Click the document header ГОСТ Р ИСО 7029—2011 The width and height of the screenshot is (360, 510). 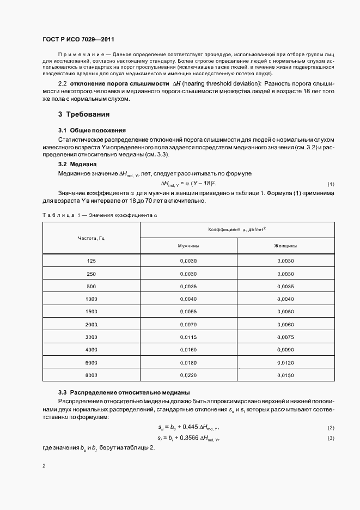[x=78, y=39]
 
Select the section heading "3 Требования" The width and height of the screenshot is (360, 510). [x=84, y=114]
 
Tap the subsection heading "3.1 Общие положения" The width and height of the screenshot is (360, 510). [x=92, y=130]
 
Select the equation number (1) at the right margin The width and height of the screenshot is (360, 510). [x=331, y=184]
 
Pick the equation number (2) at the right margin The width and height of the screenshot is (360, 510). [x=331, y=428]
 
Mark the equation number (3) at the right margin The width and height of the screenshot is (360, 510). [x=331, y=439]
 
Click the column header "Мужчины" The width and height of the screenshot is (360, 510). [x=188, y=246]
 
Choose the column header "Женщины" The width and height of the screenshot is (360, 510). [x=285, y=246]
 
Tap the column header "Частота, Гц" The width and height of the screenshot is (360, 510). [x=91, y=239]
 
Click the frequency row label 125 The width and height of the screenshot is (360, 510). [x=91, y=262]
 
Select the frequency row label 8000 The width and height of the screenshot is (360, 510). [x=91, y=375]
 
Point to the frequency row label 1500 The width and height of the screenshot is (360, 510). [x=91, y=312]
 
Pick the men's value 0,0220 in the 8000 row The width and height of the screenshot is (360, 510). [x=188, y=375]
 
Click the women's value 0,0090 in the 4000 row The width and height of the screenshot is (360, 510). [x=285, y=350]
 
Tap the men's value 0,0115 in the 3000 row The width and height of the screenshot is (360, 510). [x=188, y=338]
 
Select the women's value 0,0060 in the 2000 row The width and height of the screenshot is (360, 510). [x=285, y=325]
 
